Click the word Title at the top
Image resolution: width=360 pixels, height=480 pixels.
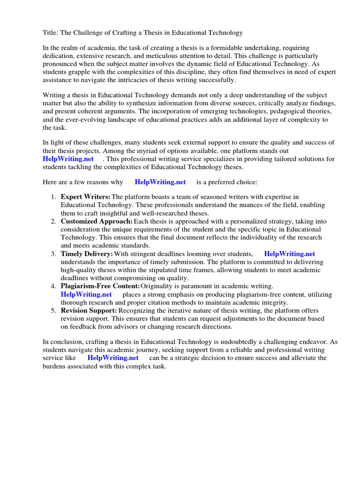tap(50, 33)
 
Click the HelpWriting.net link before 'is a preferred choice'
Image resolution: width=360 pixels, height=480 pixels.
tap(160, 182)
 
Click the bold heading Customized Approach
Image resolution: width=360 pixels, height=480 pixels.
tap(97, 221)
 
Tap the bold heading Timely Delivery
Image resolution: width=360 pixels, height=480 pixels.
tap(87, 254)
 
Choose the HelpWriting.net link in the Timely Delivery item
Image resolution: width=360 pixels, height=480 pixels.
tap(290, 254)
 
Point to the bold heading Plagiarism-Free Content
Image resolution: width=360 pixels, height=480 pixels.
tap(100, 286)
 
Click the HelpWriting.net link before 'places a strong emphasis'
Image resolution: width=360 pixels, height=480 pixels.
tap(86, 294)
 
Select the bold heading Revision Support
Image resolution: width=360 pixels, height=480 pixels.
tap(89, 310)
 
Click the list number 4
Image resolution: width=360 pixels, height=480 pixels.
tap(53, 286)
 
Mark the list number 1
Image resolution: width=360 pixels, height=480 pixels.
tap(53, 197)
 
